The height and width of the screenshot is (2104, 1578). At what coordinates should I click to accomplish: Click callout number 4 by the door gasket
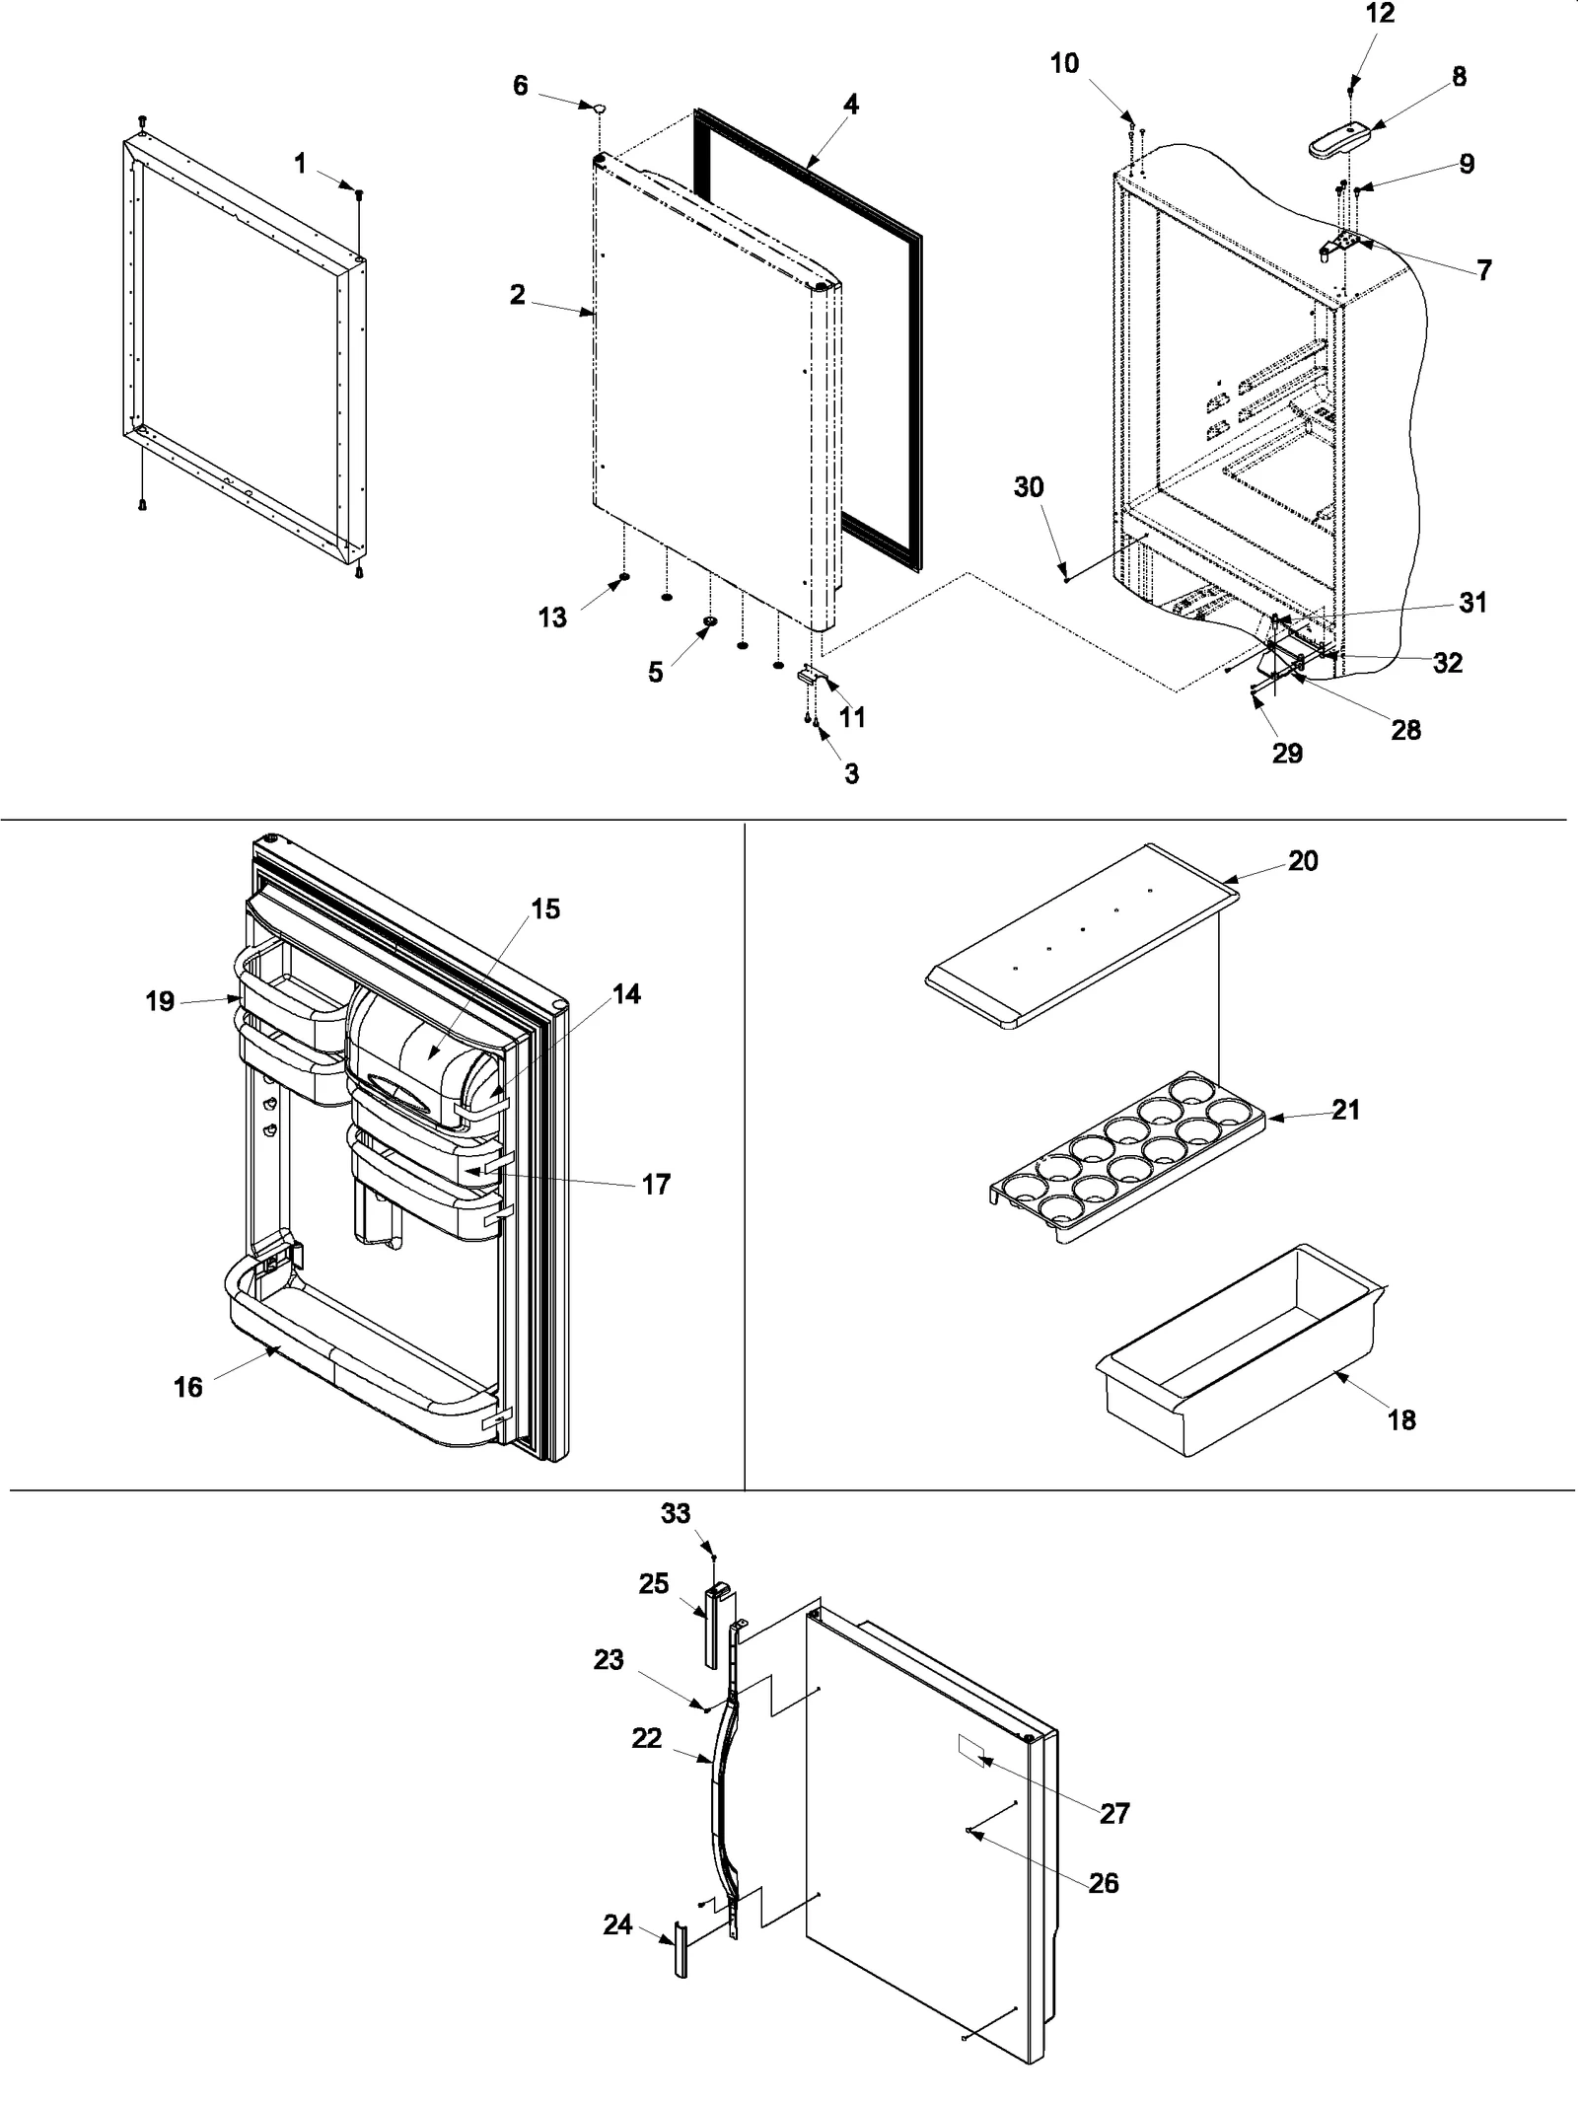click(x=850, y=104)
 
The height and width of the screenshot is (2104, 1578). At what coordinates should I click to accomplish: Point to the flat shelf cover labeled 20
click(x=1080, y=937)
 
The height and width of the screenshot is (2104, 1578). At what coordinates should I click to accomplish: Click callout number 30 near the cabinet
click(x=1029, y=487)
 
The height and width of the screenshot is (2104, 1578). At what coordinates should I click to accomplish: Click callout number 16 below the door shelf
click(x=187, y=1387)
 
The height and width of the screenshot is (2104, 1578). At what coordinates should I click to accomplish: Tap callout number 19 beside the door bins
click(x=160, y=1001)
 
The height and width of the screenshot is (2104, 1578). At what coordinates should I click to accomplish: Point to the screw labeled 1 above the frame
click(x=359, y=195)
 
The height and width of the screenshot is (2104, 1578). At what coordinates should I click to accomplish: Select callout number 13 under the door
click(x=552, y=617)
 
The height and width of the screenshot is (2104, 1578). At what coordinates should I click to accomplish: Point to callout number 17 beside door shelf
click(x=656, y=1184)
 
